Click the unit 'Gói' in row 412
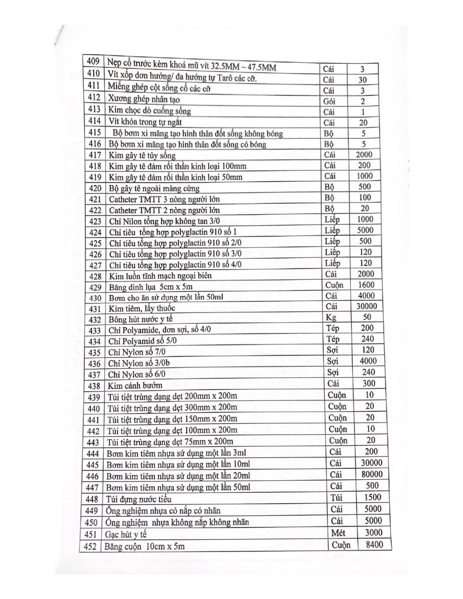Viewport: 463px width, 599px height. point(329,101)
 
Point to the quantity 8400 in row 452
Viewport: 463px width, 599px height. point(375,545)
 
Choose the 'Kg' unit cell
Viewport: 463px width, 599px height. point(330,317)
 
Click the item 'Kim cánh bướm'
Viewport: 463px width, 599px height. point(135,385)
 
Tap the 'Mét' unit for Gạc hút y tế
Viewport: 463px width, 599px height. point(338,533)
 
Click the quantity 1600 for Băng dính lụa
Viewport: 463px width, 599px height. point(367,285)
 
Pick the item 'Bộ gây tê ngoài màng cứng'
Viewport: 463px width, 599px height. point(154,188)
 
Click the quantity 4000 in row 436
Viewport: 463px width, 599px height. point(368,361)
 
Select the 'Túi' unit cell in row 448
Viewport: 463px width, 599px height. point(336,497)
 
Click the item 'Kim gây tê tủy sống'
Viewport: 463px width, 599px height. point(142,156)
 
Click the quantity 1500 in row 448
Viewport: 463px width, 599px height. point(370,497)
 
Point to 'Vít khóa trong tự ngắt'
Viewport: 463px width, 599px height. point(144,122)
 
